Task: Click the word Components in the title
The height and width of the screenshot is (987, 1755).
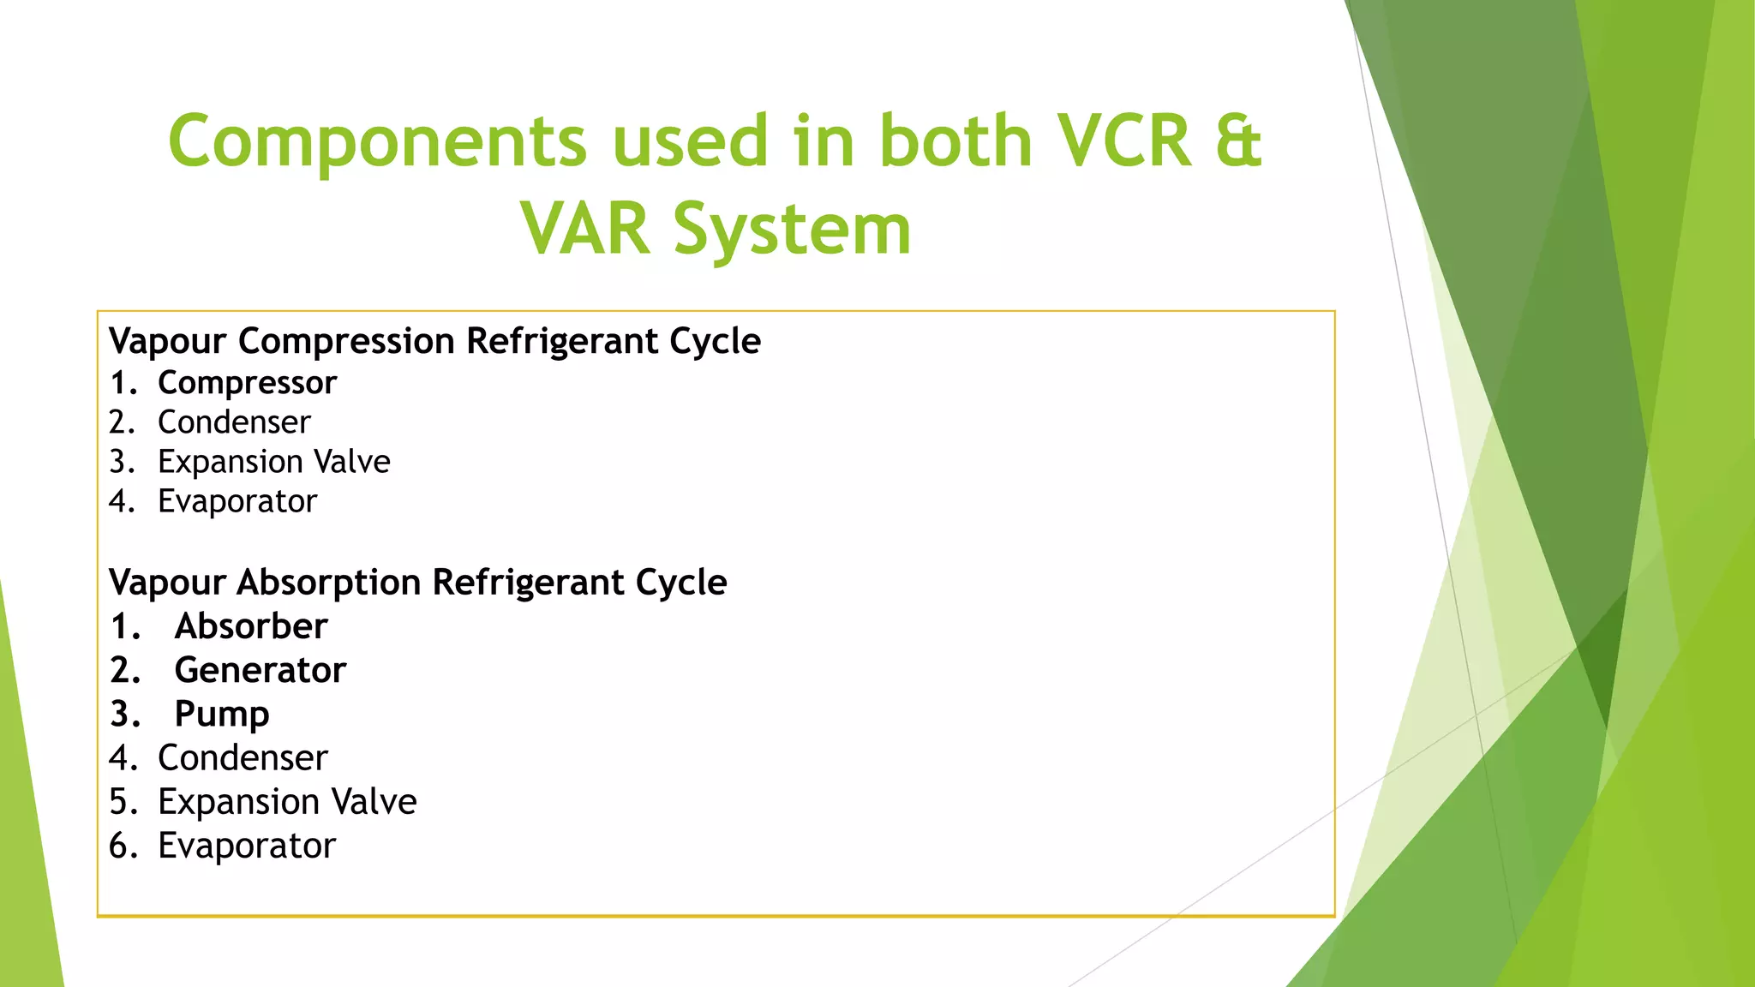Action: coord(377,142)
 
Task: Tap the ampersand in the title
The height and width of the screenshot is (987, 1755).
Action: coord(1237,142)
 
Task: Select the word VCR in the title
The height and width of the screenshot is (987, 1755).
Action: coord(1123,142)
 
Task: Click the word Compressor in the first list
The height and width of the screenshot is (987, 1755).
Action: coord(247,383)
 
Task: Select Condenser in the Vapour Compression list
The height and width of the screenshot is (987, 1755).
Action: coord(234,422)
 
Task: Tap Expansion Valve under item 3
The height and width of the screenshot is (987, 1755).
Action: coord(273,462)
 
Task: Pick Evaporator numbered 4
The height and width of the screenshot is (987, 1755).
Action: coord(237,501)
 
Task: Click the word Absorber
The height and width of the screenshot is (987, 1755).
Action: coord(251,626)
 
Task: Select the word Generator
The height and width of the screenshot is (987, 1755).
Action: coord(261,670)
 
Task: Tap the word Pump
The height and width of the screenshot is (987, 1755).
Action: coord(222,715)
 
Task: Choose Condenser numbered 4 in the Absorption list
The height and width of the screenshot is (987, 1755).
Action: coord(243,758)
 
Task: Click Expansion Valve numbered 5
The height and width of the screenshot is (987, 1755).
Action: coord(287,802)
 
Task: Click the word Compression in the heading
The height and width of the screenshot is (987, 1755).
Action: coord(346,342)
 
